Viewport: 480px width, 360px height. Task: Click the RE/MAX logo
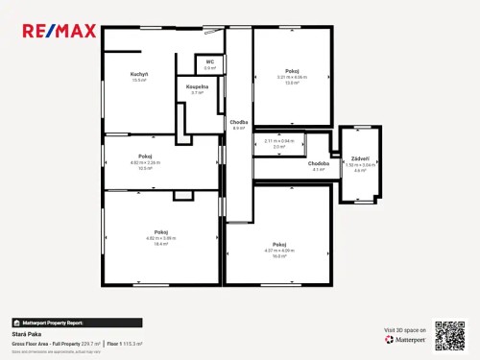59,31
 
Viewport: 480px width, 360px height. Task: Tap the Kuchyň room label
139,74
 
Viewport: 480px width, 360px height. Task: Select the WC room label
209,61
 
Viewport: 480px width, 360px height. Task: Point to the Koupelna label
198,86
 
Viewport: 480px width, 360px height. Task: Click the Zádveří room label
360,157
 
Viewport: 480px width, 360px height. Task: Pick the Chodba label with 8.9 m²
238,122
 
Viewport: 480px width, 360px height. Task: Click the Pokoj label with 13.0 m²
292,71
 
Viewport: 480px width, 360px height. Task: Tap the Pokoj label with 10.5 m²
146,156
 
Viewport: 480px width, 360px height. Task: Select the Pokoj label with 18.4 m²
161,232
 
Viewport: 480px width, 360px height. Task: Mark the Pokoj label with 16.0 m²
279,244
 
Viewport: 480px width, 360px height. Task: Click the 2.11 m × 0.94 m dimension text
279,141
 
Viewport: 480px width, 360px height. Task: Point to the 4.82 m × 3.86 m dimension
161,237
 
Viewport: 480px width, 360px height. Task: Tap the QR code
449,334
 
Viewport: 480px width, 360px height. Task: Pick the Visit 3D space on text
403,329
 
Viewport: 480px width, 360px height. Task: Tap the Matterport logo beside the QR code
404,339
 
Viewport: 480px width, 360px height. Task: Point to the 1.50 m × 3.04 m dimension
361,164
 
